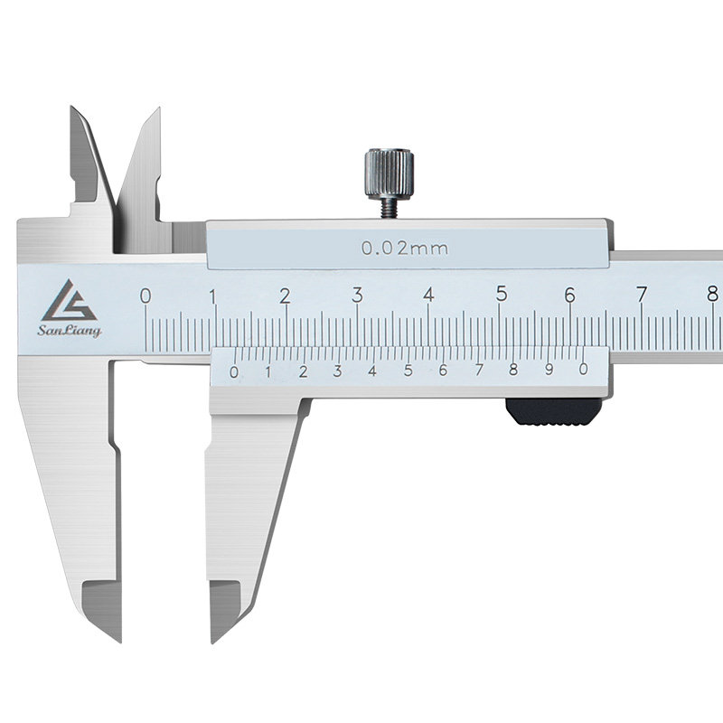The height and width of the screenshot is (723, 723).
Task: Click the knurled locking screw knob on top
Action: pyautogui.click(x=390, y=174)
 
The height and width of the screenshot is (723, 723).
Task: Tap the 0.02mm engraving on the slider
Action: pyautogui.click(x=404, y=249)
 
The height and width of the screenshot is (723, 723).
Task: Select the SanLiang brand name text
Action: pyautogui.click(x=70, y=331)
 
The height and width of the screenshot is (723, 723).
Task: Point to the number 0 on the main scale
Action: pyautogui.click(x=146, y=296)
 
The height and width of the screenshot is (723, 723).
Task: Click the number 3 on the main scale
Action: pyautogui.click(x=357, y=296)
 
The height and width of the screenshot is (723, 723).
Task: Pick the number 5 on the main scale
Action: pyautogui.click(x=502, y=294)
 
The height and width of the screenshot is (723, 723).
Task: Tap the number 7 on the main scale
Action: pyautogui.click(x=642, y=295)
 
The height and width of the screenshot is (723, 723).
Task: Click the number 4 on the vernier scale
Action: pyautogui.click(x=372, y=371)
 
